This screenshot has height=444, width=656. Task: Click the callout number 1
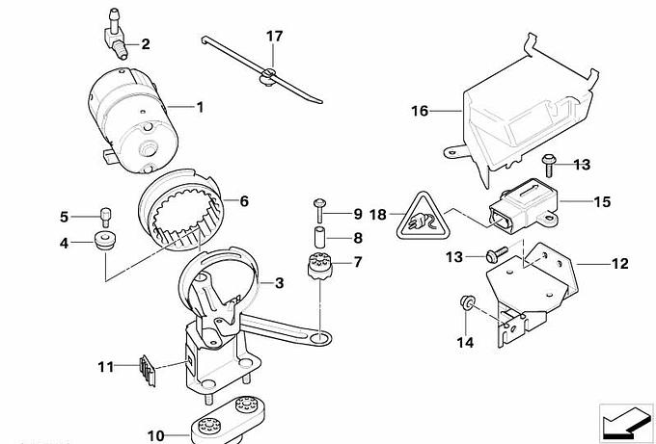(201, 106)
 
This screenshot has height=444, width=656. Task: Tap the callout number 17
(275, 37)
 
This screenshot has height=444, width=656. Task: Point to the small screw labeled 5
(104, 216)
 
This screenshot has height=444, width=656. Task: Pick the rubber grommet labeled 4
(102, 238)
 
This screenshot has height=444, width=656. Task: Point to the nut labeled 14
(465, 305)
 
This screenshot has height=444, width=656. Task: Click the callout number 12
(618, 262)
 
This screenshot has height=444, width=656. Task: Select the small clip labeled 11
(147, 367)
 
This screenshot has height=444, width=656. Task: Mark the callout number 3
(279, 283)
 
